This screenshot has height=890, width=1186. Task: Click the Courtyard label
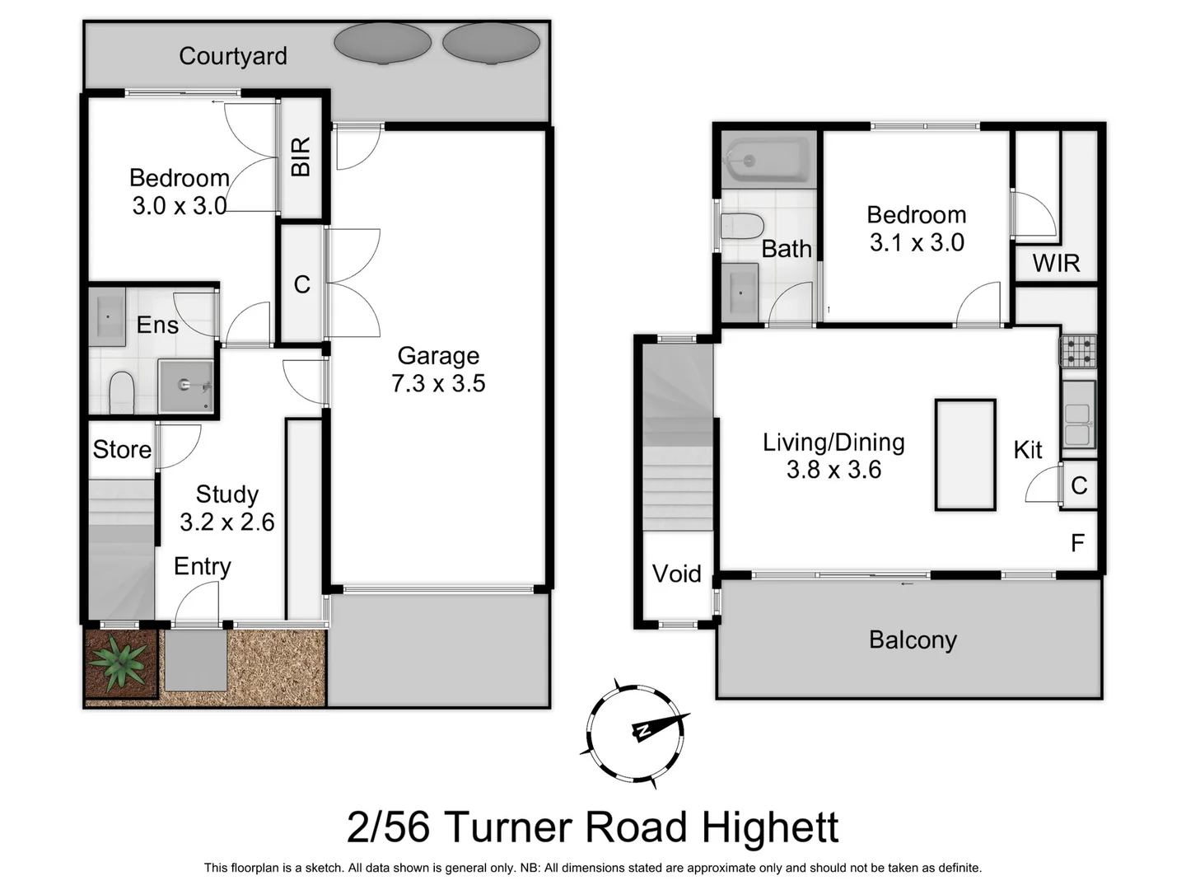[233, 56]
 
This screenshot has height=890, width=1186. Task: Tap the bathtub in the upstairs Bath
[765, 160]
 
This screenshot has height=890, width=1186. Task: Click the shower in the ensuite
[186, 385]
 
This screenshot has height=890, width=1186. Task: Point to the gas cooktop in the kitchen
[1078, 351]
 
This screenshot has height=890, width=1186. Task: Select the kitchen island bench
[964, 455]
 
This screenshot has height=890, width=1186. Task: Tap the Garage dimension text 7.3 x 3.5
[438, 383]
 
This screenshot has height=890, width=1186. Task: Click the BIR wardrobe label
[301, 157]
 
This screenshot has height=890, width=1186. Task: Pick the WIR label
[1056, 263]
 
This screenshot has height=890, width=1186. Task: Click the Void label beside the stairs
[676, 574]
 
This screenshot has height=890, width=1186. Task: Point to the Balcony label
[913, 639]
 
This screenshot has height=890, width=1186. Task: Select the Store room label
[122, 449]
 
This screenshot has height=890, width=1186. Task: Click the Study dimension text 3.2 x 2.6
[227, 522]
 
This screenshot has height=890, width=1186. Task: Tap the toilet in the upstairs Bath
[742, 226]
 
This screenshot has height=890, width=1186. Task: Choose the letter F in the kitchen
[1077, 543]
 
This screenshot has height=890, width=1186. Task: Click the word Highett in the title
[770, 827]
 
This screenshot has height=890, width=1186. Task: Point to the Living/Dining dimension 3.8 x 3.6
[833, 470]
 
